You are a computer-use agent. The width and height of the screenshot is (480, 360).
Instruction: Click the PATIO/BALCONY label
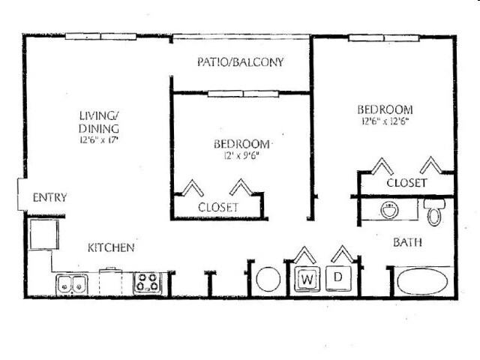(240, 62)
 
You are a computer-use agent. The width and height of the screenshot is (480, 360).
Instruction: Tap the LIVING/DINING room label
(99, 121)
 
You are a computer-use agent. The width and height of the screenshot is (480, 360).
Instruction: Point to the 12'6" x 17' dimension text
(99, 139)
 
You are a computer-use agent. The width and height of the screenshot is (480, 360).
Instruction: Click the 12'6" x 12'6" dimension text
(384, 120)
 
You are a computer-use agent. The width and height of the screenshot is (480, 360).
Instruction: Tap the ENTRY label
(50, 198)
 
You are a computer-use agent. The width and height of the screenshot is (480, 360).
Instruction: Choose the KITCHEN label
(111, 247)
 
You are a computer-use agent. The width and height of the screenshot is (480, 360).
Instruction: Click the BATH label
(407, 242)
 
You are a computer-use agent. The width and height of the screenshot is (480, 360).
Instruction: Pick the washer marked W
(306, 279)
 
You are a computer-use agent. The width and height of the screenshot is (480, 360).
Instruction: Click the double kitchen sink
(71, 284)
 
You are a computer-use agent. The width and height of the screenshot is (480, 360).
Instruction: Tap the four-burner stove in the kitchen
(147, 283)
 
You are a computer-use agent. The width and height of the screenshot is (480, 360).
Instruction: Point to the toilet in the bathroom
(434, 213)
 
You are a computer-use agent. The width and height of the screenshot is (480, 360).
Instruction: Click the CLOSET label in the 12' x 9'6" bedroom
(217, 206)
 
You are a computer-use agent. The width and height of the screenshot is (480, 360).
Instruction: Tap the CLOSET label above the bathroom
(406, 182)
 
